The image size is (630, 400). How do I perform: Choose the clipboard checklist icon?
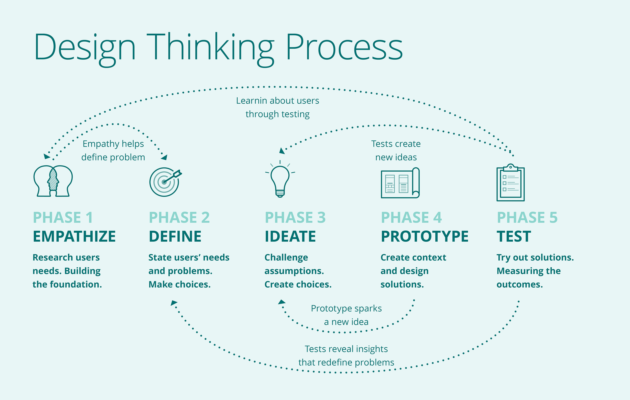[x=510, y=183]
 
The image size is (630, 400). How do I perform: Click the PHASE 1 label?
[x=63, y=218]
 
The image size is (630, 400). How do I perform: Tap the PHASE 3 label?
[x=295, y=218]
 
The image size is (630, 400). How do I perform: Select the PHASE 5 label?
[x=527, y=218]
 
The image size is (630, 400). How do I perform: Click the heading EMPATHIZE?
[x=74, y=236]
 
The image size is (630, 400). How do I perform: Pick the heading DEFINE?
[x=175, y=236]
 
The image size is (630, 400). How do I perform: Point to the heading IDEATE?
[x=290, y=236]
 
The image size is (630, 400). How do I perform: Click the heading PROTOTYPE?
[x=425, y=236]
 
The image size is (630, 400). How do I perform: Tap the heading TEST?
[x=514, y=236]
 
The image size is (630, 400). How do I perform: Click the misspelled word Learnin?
[x=251, y=101]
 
